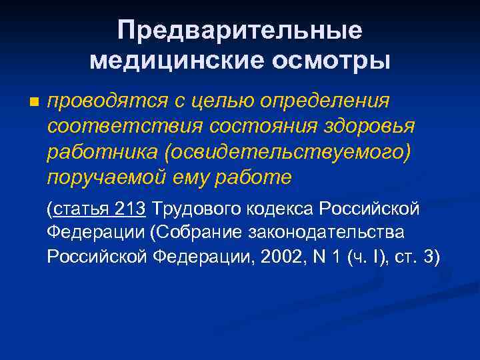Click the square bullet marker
coord(34,103)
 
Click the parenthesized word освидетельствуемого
coord(283,152)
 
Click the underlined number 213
coord(130,209)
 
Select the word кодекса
coord(283,209)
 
